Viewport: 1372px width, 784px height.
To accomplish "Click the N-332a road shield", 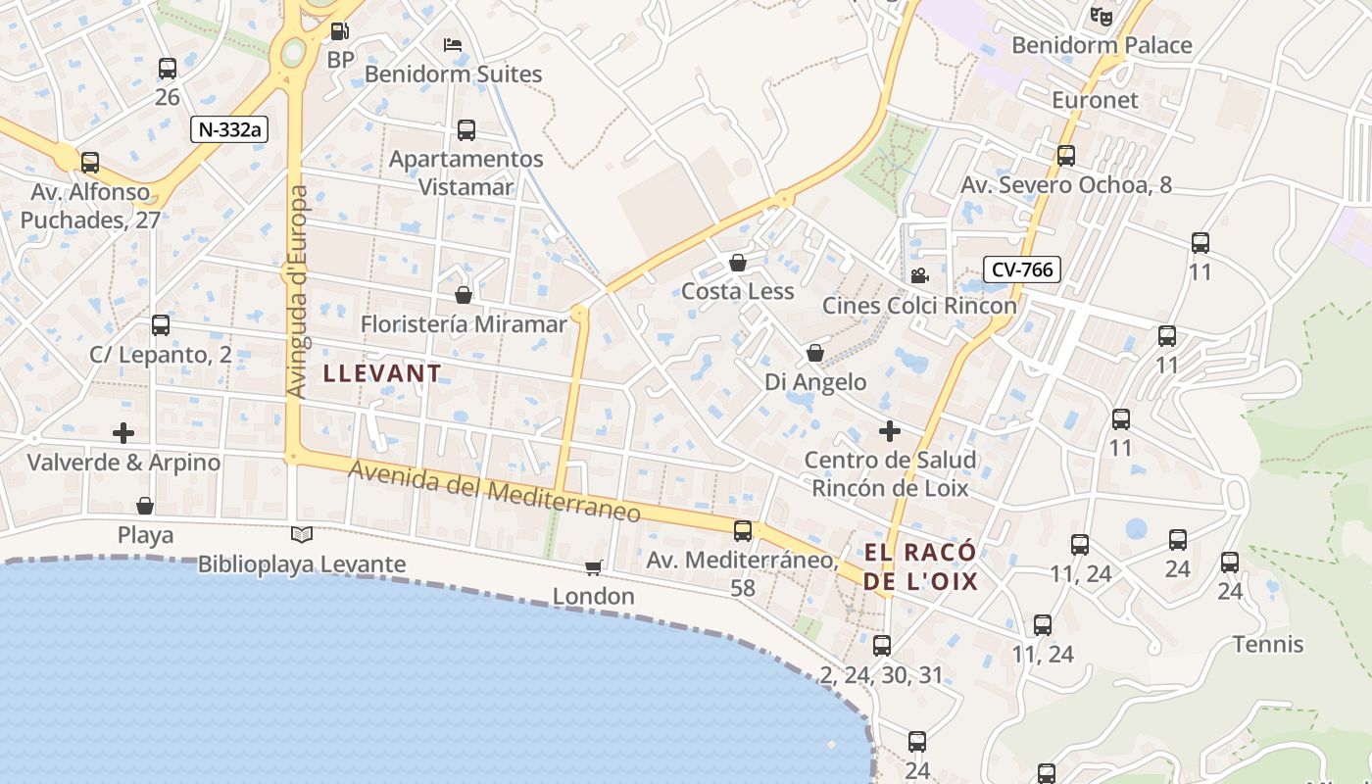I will pos(229,128).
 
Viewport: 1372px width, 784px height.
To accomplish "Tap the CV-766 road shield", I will pos(1022,269).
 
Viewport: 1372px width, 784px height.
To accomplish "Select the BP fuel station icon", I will pos(339,32).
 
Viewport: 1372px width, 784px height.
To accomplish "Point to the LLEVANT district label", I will pos(382,373).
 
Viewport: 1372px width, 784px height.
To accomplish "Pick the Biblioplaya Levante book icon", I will pos(302,535).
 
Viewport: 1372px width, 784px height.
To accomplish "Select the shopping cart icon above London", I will pos(593,567).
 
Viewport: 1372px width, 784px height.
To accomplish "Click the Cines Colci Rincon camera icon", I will pos(919,276).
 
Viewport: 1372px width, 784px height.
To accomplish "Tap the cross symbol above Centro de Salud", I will pos(890,431).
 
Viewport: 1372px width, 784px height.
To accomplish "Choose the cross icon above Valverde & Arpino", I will pos(123,432).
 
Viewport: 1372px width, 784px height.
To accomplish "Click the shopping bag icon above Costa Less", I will pos(738,263).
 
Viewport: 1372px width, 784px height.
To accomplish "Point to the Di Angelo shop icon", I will pos(815,353).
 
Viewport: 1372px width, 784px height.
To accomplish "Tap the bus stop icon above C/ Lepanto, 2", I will pos(161,324).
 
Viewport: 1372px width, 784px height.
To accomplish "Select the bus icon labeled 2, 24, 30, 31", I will pos(882,645).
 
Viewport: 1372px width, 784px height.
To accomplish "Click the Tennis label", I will pos(1268,645).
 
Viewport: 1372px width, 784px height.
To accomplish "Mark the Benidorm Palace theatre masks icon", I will pos(1102,17).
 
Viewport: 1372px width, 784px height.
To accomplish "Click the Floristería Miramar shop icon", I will pos(464,295).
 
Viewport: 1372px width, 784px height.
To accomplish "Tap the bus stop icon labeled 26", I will pos(168,69).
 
